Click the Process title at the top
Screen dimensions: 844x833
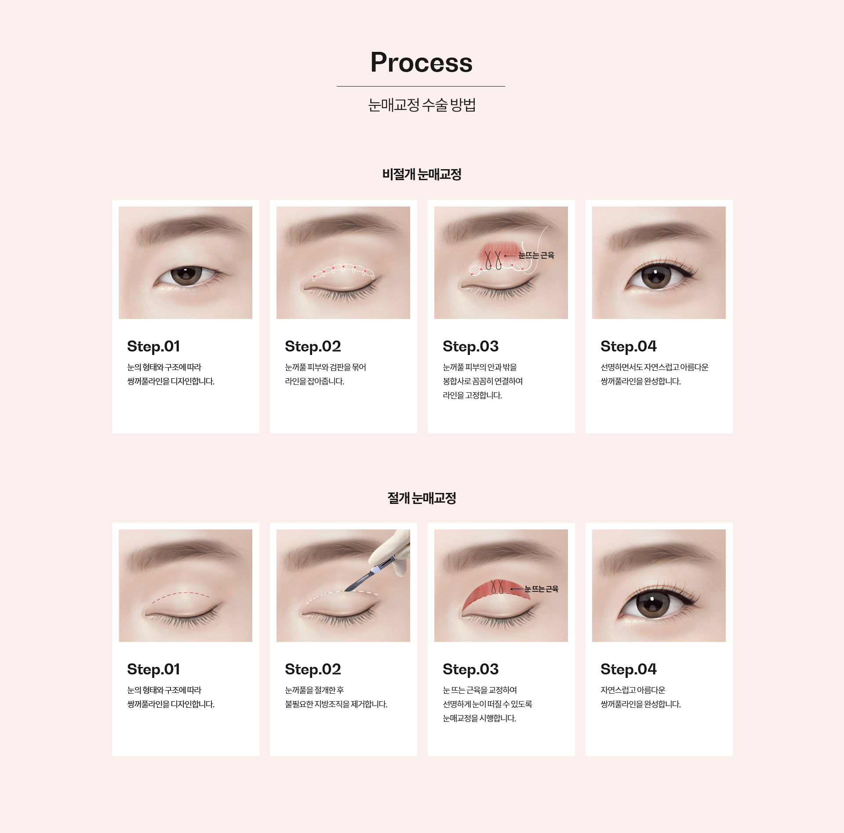point(422,62)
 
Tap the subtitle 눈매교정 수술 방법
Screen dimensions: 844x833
point(422,105)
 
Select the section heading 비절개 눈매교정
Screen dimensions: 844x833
point(422,174)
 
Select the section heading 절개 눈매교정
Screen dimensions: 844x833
point(422,498)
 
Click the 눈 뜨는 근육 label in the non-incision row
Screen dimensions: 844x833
point(536,255)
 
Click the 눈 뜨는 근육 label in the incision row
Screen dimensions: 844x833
point(542,589)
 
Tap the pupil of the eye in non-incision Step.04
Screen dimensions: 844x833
point(655,275)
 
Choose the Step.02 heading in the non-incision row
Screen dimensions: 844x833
point(313,347)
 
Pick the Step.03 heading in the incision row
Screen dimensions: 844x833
point(471,670)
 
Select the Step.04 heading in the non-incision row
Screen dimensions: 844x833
point(629,347)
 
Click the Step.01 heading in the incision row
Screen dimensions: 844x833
point(153,670)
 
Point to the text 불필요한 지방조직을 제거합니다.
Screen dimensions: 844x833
point(336,704)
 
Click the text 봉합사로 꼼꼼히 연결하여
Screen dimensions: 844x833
point(483,381)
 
